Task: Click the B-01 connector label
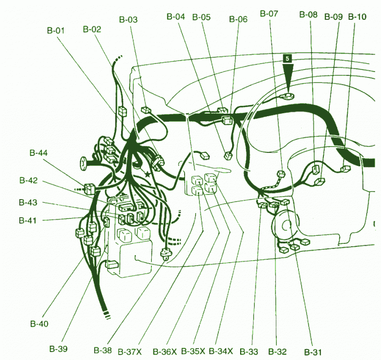56,31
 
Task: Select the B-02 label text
92,29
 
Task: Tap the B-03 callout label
128,20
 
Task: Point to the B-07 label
269,13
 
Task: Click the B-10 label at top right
357,16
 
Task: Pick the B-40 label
39,324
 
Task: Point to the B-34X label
219,351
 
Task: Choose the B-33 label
249,351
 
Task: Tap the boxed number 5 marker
287,58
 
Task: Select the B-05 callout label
201,17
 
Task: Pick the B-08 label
308,15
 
